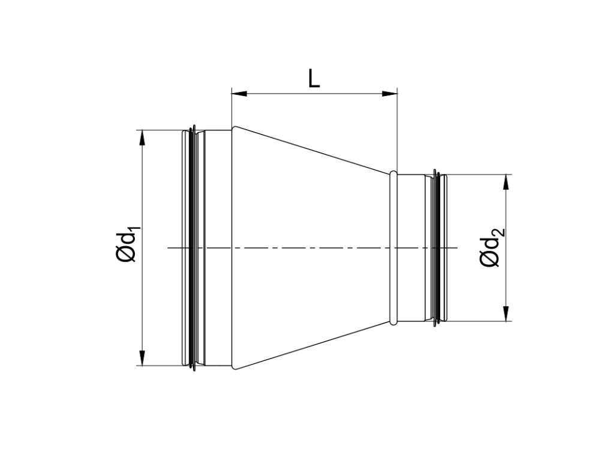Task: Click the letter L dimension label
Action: pos(314,78)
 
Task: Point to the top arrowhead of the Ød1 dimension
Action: pos(142,137)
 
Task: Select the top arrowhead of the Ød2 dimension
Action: pos(507,181)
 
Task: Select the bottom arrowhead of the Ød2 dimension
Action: pos(507,314)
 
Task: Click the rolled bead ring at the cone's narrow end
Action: pos(393,247)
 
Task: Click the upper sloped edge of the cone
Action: pos(312,150)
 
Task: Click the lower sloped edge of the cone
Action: pos(312,346)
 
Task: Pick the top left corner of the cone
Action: pos(233,127)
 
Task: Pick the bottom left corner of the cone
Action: pos(233,368)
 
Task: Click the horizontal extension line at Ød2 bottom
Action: pos(480,321)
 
